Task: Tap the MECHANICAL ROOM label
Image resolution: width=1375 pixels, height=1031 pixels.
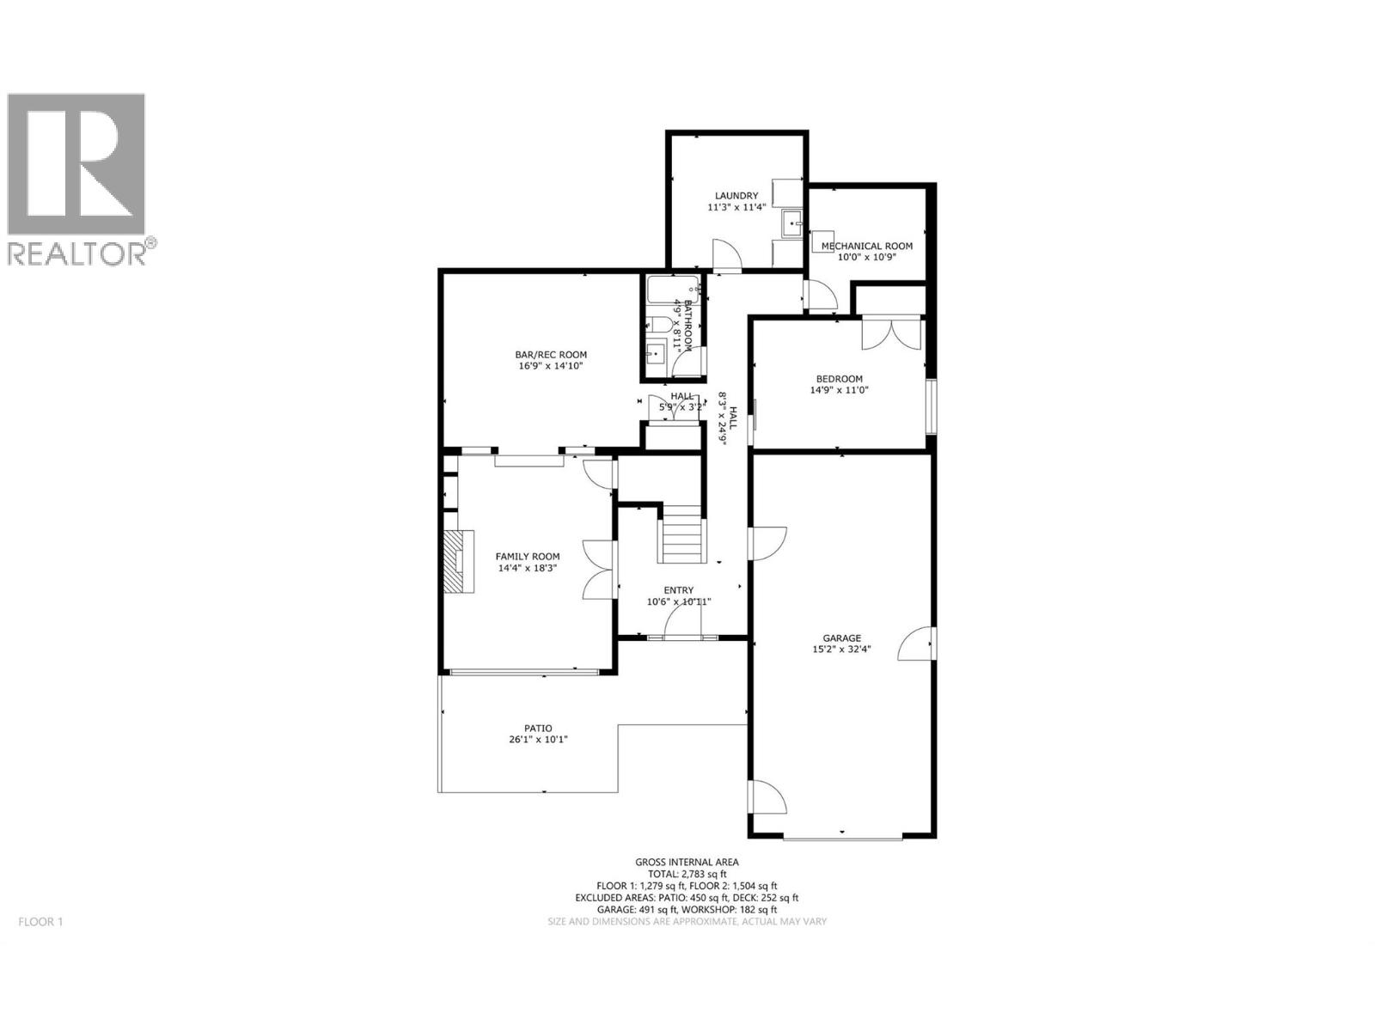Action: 866,246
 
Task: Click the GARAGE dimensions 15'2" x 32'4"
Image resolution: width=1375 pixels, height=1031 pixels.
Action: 841,650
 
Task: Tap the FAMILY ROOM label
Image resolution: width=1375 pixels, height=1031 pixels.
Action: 527,556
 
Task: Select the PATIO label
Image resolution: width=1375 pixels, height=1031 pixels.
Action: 538,728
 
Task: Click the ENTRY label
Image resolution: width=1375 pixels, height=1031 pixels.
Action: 678,589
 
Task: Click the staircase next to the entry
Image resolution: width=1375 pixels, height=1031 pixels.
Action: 683,534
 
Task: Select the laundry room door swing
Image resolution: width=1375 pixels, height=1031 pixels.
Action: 726,254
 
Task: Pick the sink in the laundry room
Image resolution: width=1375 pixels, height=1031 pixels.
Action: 791,223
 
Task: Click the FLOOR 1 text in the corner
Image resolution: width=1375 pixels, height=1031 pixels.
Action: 40,922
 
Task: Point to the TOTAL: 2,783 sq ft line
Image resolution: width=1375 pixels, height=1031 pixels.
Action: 687,874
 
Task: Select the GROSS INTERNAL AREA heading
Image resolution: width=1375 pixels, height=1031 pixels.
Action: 687,862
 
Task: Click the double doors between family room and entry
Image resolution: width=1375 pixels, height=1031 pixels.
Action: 598,569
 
